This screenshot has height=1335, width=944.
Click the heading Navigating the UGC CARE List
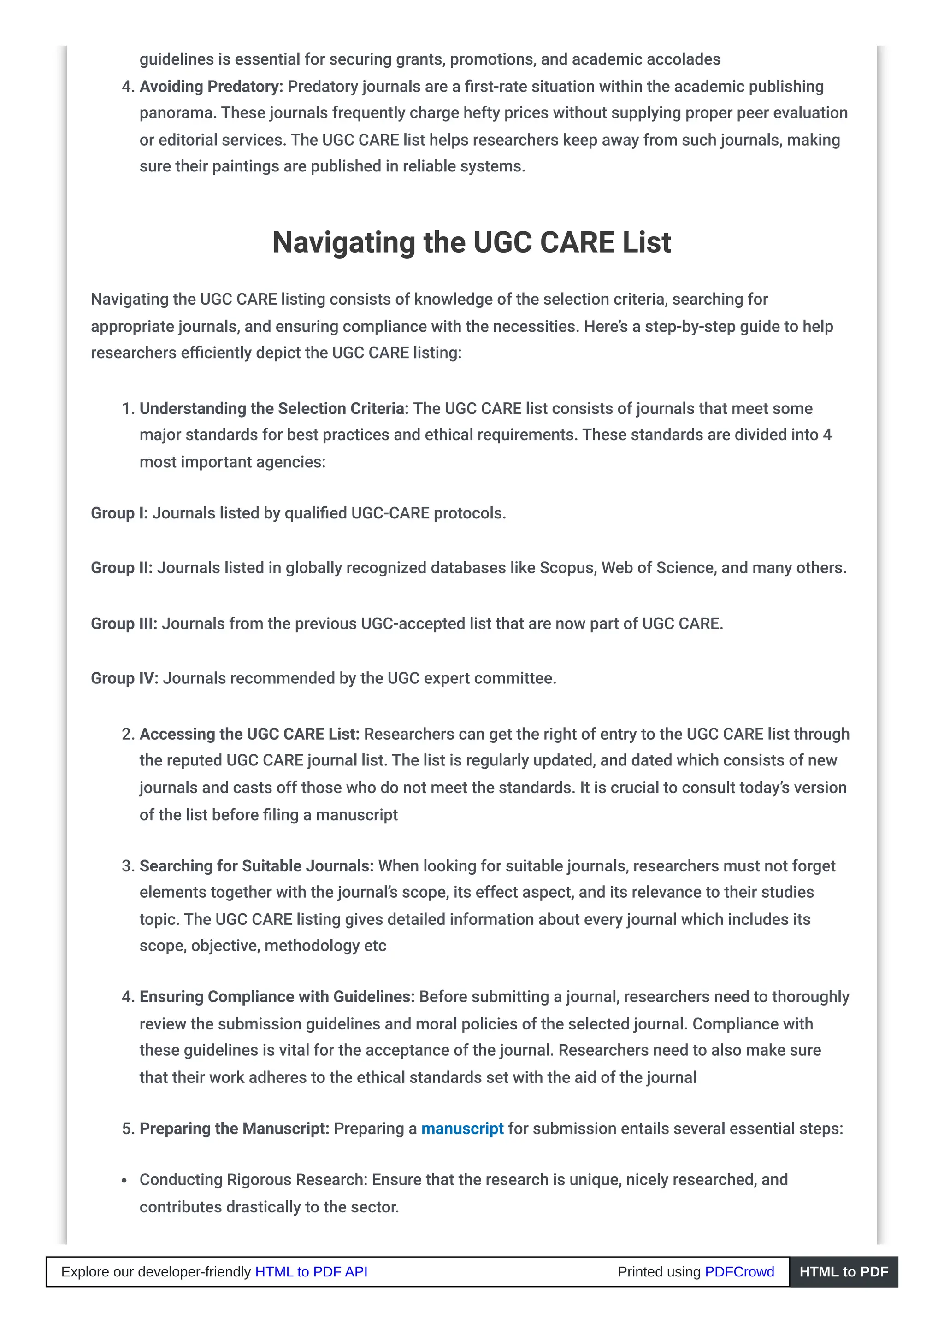[x=471, y=242]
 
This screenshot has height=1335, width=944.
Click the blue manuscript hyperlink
[x=462, y=1129]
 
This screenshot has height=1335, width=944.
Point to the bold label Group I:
[x=119, y=513]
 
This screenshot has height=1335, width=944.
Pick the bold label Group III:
[x=124, y=623]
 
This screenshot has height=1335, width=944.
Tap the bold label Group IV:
[x=124, y=678]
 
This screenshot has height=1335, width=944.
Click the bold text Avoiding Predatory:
[x=211, y=87]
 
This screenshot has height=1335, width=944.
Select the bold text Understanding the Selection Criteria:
[x=274, y=408]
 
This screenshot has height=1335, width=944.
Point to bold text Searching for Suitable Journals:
[x=256, y=866]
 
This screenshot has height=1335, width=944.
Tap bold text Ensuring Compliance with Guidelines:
[x=277, y=997]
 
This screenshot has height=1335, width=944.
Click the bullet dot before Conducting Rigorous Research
[x=124, y=1181]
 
